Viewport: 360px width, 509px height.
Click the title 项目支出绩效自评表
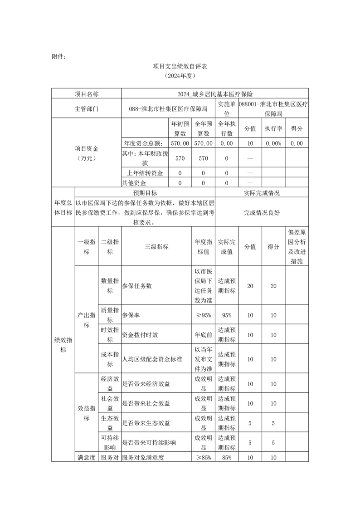coord(180,66)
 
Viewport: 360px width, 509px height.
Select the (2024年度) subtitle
coord(180,76)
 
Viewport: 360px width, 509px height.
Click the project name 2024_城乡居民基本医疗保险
coord(215,94)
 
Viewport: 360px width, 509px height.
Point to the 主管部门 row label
coord(86,109)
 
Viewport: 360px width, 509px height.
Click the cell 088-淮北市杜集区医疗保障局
coord(168,109)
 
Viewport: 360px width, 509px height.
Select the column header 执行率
coord(273,128)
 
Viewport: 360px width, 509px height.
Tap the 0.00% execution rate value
coord(273,143)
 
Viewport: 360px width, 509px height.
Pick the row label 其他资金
coord(134,183)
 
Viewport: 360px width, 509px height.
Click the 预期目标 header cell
coord(145,192)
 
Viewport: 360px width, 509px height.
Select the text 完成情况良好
coord(262,212)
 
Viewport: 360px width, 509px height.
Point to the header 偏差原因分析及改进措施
coord(297,247)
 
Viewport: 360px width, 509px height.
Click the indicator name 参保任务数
coord(137,286)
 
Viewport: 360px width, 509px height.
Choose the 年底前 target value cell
coord(203,335)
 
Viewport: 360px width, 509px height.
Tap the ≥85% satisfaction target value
coord(203,457)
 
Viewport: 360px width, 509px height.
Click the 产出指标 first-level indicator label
coord(86,320)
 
